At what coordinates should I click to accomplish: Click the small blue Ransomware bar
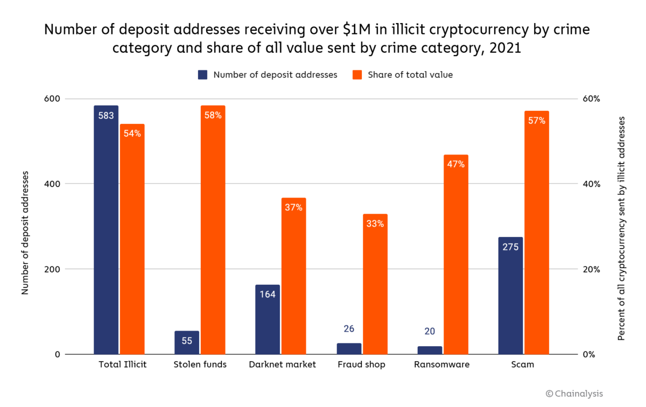(x=430, y=350)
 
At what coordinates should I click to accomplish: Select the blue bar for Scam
(x=510, y=296)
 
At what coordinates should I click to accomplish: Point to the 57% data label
(x=536, y=121)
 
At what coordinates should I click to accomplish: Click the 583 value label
(x=106, y=115)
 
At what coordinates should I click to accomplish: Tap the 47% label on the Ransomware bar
(x=455, y=164)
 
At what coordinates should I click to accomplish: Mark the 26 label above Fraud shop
(x=349, y=329)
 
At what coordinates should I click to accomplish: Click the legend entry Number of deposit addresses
(x=268, y=75)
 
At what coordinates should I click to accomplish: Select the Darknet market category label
(x=282, y=364)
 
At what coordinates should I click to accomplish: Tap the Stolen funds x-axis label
(x=200, y=364)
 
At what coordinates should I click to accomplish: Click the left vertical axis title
(x=25, y=233)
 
